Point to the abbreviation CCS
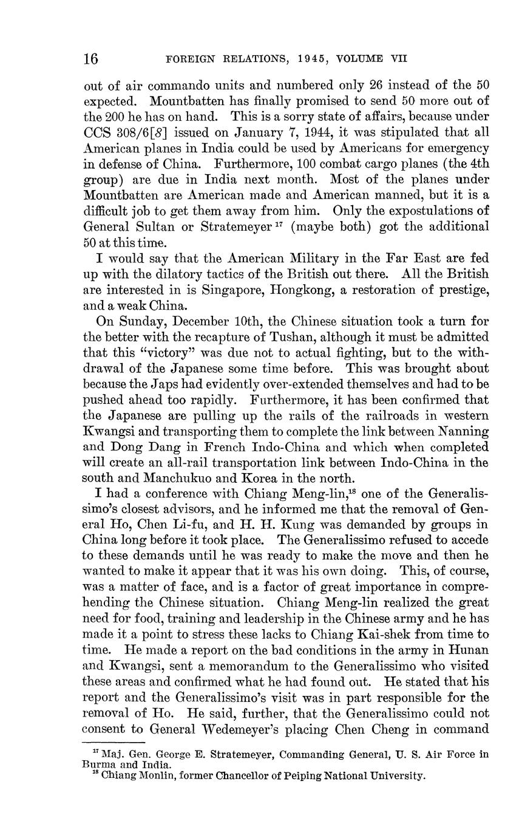coord(98,132)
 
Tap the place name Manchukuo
coord(177,479)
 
